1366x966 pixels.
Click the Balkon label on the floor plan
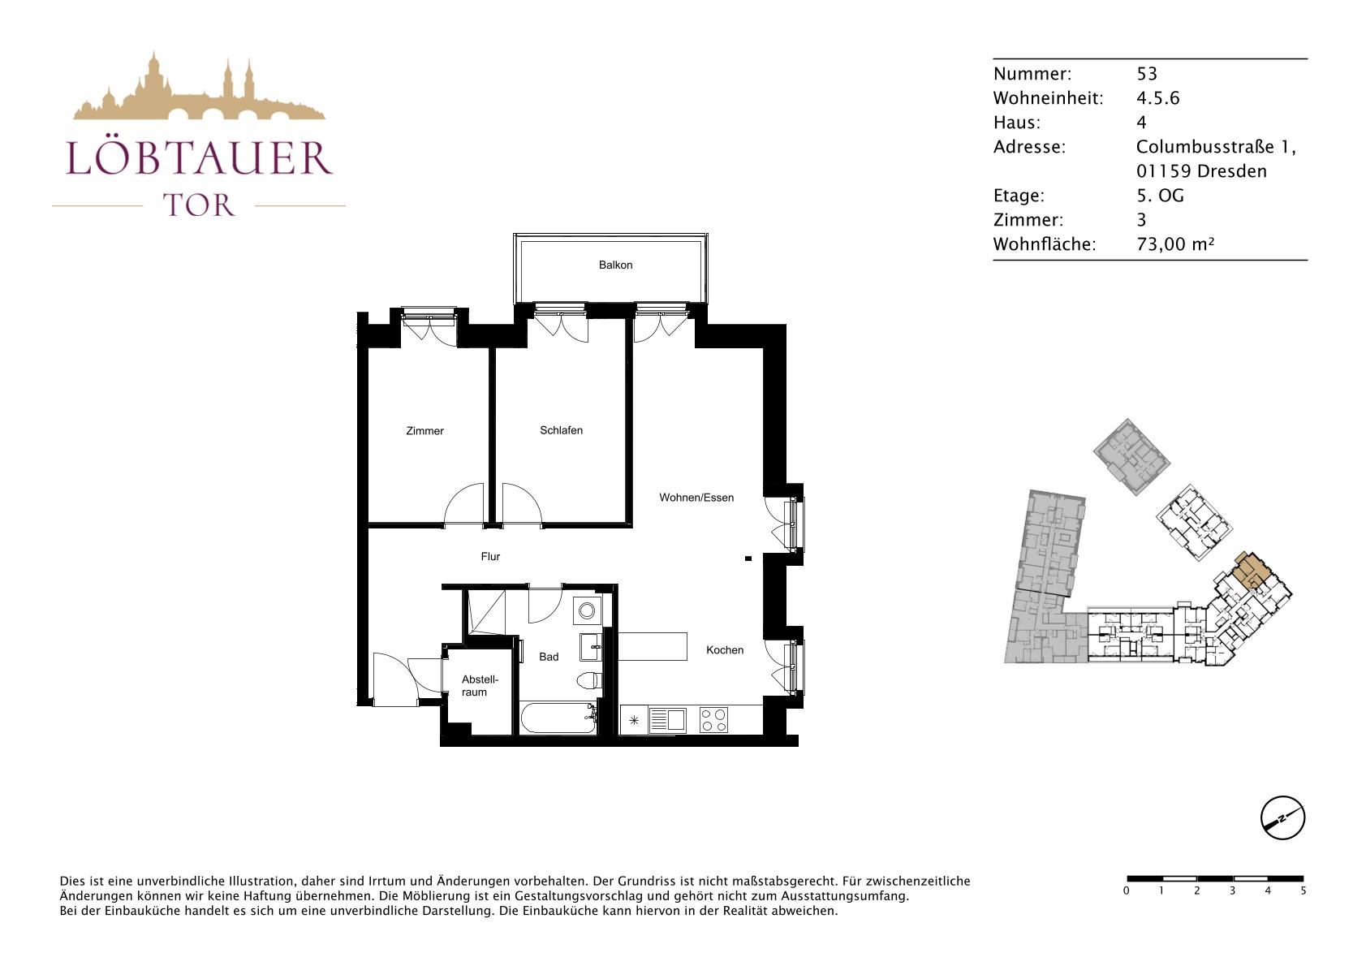(615, 265)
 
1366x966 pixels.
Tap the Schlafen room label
(561, 430)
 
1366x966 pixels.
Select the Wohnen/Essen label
(696, 498)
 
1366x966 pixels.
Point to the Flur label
(490, 556)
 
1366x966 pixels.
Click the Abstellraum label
(480, 685)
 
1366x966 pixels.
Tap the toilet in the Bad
(590, 680)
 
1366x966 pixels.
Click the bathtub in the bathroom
(558, 719)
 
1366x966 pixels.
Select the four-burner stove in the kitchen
(713, 719)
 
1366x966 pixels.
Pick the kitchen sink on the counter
(667, 719)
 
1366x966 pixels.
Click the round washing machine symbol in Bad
(587, 610)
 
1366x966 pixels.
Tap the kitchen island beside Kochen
(653, 646)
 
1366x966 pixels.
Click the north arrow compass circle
(1282, 817)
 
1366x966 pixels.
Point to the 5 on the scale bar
(1304, 891)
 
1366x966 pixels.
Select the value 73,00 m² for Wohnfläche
(1175, 244)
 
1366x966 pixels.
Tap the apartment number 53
(1147, 74)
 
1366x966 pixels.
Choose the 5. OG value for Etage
(1160, 195)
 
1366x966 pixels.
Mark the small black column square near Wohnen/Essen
(748, 558)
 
